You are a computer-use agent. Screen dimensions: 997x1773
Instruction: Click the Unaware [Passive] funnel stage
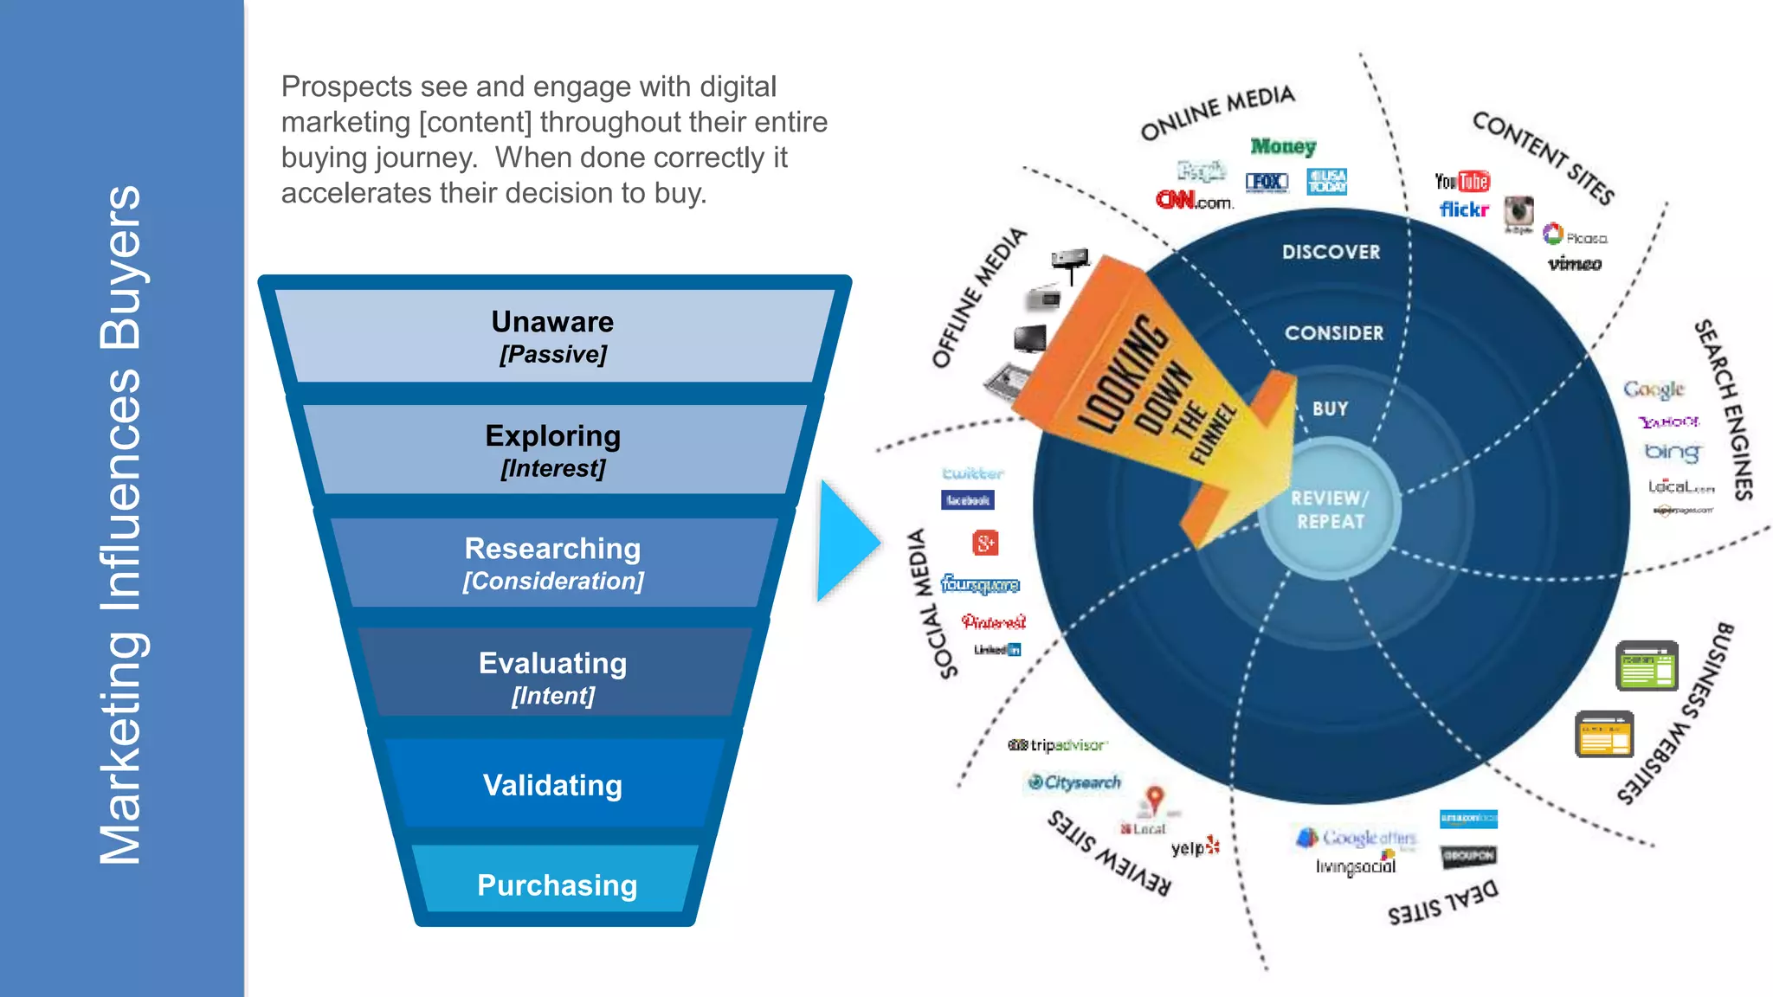click(x=553, y=337)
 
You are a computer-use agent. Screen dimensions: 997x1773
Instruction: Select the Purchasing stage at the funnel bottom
click(x=557, y=884)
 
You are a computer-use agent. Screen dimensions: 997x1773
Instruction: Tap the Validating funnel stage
click(x=552, y=785)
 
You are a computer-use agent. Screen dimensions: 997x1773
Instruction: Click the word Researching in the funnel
click(x=552, y=549)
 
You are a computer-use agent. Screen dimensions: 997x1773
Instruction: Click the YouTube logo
click(x=1462, y=181)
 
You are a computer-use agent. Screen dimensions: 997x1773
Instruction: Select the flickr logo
click(x=1464, y=209)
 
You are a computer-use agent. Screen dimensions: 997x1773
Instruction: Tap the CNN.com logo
click(x=1194, y=201)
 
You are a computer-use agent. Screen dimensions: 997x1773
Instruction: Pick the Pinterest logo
click(x=994, y=621)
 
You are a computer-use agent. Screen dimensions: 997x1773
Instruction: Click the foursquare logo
click(x=980, y=584)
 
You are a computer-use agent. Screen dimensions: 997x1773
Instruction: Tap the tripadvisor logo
click(x=1058, y=745)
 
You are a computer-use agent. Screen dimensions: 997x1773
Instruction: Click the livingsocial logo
click(x=1356, y=865)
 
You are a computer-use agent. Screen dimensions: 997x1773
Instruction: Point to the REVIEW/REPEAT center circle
click(x=1330, y=510)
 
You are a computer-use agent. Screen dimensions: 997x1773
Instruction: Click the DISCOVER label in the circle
click(x=1331, y=252)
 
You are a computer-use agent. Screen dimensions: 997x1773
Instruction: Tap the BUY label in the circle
click(x=1330, y=408)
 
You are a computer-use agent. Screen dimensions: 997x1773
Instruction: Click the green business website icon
click(x=1647, y=666)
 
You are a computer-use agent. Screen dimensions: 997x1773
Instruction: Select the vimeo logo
click(x=1575, y=264)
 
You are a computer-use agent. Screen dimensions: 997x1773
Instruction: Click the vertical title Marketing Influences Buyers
click(x=120, y=524)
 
